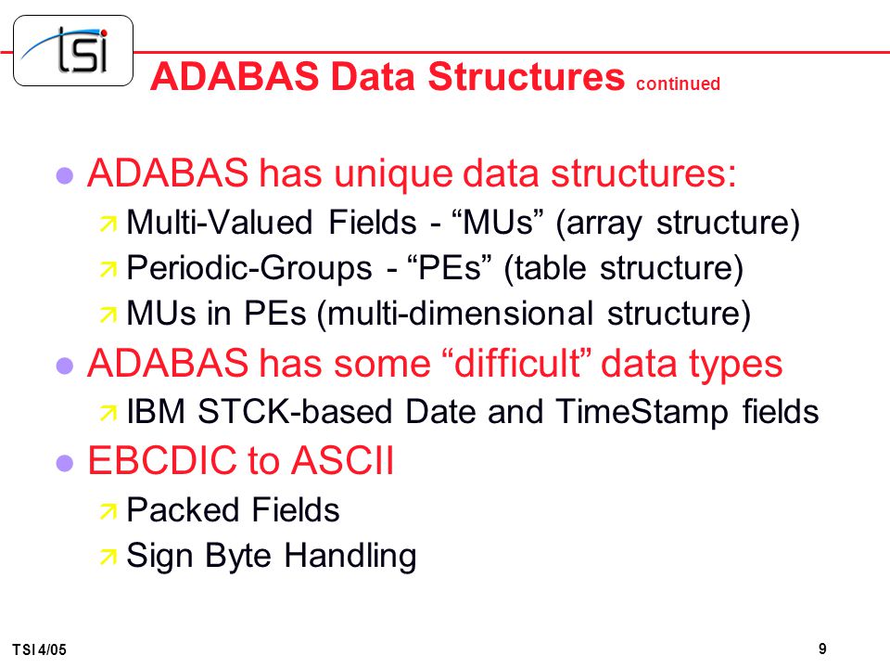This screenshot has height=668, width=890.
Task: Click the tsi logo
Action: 73,50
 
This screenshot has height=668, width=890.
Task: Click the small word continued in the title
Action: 678,83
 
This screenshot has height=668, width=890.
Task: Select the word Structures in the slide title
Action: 527,76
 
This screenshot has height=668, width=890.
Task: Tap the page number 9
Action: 822,649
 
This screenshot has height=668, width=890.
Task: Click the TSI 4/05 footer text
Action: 39,649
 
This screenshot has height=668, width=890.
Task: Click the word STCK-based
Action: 295,411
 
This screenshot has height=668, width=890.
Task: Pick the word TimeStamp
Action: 642,413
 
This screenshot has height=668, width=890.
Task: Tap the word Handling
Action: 350,556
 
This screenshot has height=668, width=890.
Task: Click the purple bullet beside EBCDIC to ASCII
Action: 65,462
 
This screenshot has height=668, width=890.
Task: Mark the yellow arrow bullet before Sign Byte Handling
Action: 108,558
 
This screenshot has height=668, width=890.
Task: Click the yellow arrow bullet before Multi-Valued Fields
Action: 108,224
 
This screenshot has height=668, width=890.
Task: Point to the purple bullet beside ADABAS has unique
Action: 65,175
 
